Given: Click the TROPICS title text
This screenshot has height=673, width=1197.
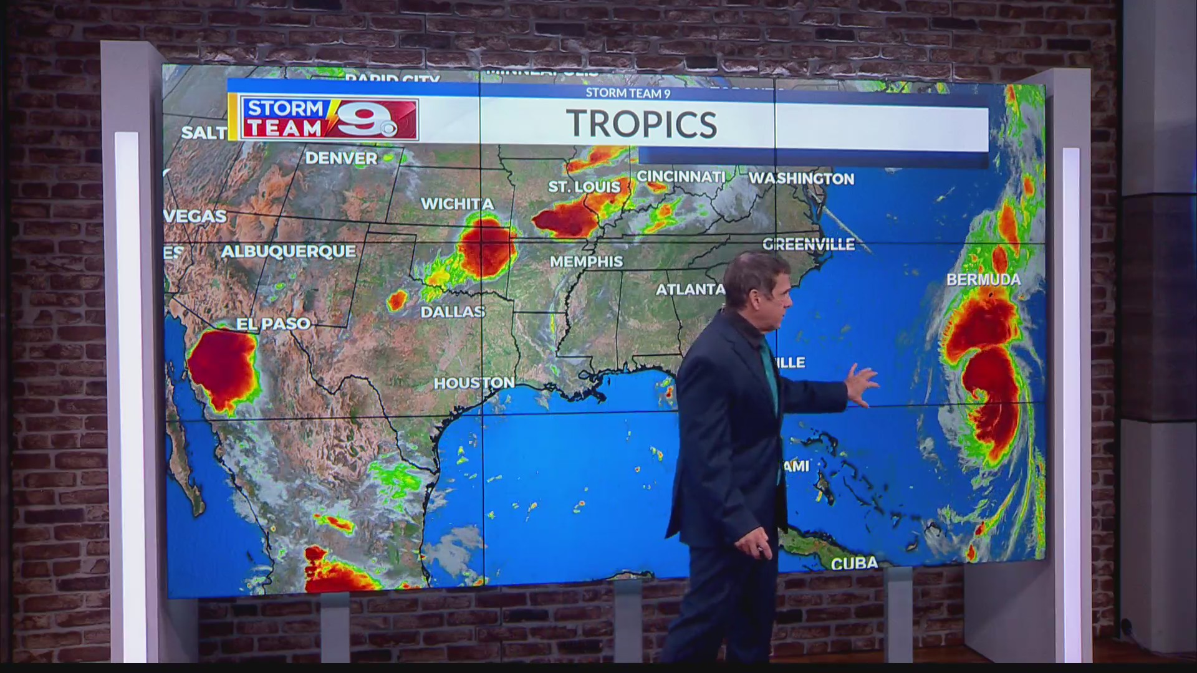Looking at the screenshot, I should point(642,124).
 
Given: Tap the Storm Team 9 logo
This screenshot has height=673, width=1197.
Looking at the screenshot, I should point(329,118).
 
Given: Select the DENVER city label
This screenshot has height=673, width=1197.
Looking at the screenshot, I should point(341,158).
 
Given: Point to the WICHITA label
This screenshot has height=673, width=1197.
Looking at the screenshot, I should point(457,204).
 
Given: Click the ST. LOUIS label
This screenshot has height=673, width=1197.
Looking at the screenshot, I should point(584,186).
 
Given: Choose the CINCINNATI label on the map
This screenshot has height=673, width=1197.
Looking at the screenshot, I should point(681,176).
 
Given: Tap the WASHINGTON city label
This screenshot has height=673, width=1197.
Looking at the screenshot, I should point(801,178).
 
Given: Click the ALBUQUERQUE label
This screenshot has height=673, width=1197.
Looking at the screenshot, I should point(288,252).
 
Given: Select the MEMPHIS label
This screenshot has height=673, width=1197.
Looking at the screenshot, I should point(586,262).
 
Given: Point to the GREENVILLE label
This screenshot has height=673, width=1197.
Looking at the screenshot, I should point(809,244).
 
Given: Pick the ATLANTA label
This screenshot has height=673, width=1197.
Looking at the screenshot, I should point(690,289).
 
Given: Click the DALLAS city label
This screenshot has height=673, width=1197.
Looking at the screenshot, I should point(453,312).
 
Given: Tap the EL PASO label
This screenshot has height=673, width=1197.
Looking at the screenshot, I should point(273,323).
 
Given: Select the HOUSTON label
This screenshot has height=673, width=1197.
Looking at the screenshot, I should point(474,383).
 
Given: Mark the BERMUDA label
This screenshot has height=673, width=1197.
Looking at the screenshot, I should point(983,279).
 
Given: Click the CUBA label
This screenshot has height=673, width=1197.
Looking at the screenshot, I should point(854,563).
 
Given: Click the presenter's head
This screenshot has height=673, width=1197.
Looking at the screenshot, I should point(757,287).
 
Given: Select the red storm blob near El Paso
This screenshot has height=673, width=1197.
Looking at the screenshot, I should point(223,369).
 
